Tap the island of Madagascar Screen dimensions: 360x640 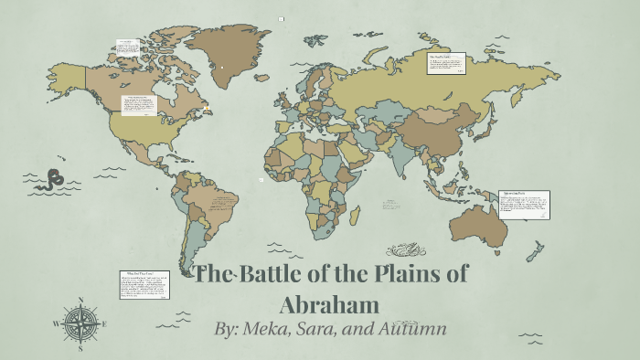tap(354, 215)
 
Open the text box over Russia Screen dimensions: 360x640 tap(444, 64)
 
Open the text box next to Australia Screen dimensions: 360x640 tap(525, 205)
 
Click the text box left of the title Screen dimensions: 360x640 tap(144, 284)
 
